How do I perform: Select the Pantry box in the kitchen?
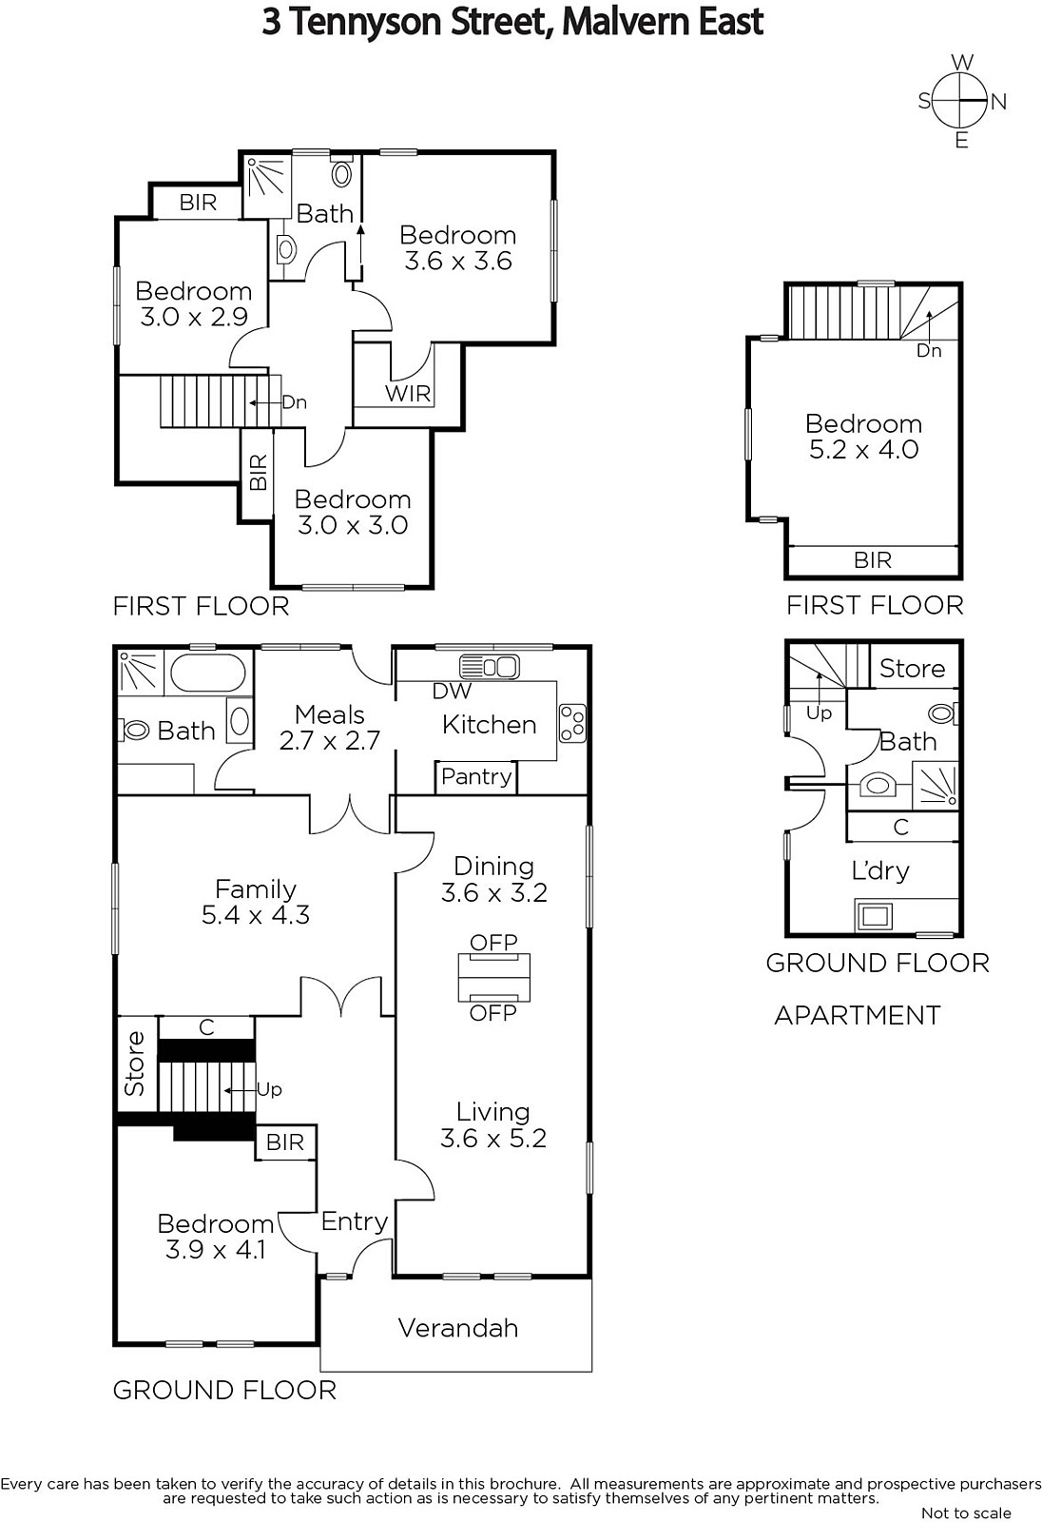coord(476,776)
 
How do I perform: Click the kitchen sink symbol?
coord(489,667)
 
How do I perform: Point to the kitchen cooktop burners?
coord(572,723)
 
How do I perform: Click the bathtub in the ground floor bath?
coord(208,673)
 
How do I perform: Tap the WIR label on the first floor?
coord(408,393)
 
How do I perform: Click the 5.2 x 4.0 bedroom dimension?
coord(863,449)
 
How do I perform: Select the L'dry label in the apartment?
coord(879,870)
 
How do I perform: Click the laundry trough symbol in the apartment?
coord(874,917)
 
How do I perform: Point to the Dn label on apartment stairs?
coord(929,351)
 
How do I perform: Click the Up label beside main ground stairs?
coord(269,1090)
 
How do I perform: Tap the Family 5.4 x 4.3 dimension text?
coord(256,915)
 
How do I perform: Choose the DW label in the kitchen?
coord(452,692)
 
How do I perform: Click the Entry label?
coord(354,1221)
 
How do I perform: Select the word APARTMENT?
coord(858,1015)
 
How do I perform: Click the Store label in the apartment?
coord(913,669)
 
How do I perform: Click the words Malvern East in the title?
coord(663,22)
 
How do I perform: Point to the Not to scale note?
coord(966,1512)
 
